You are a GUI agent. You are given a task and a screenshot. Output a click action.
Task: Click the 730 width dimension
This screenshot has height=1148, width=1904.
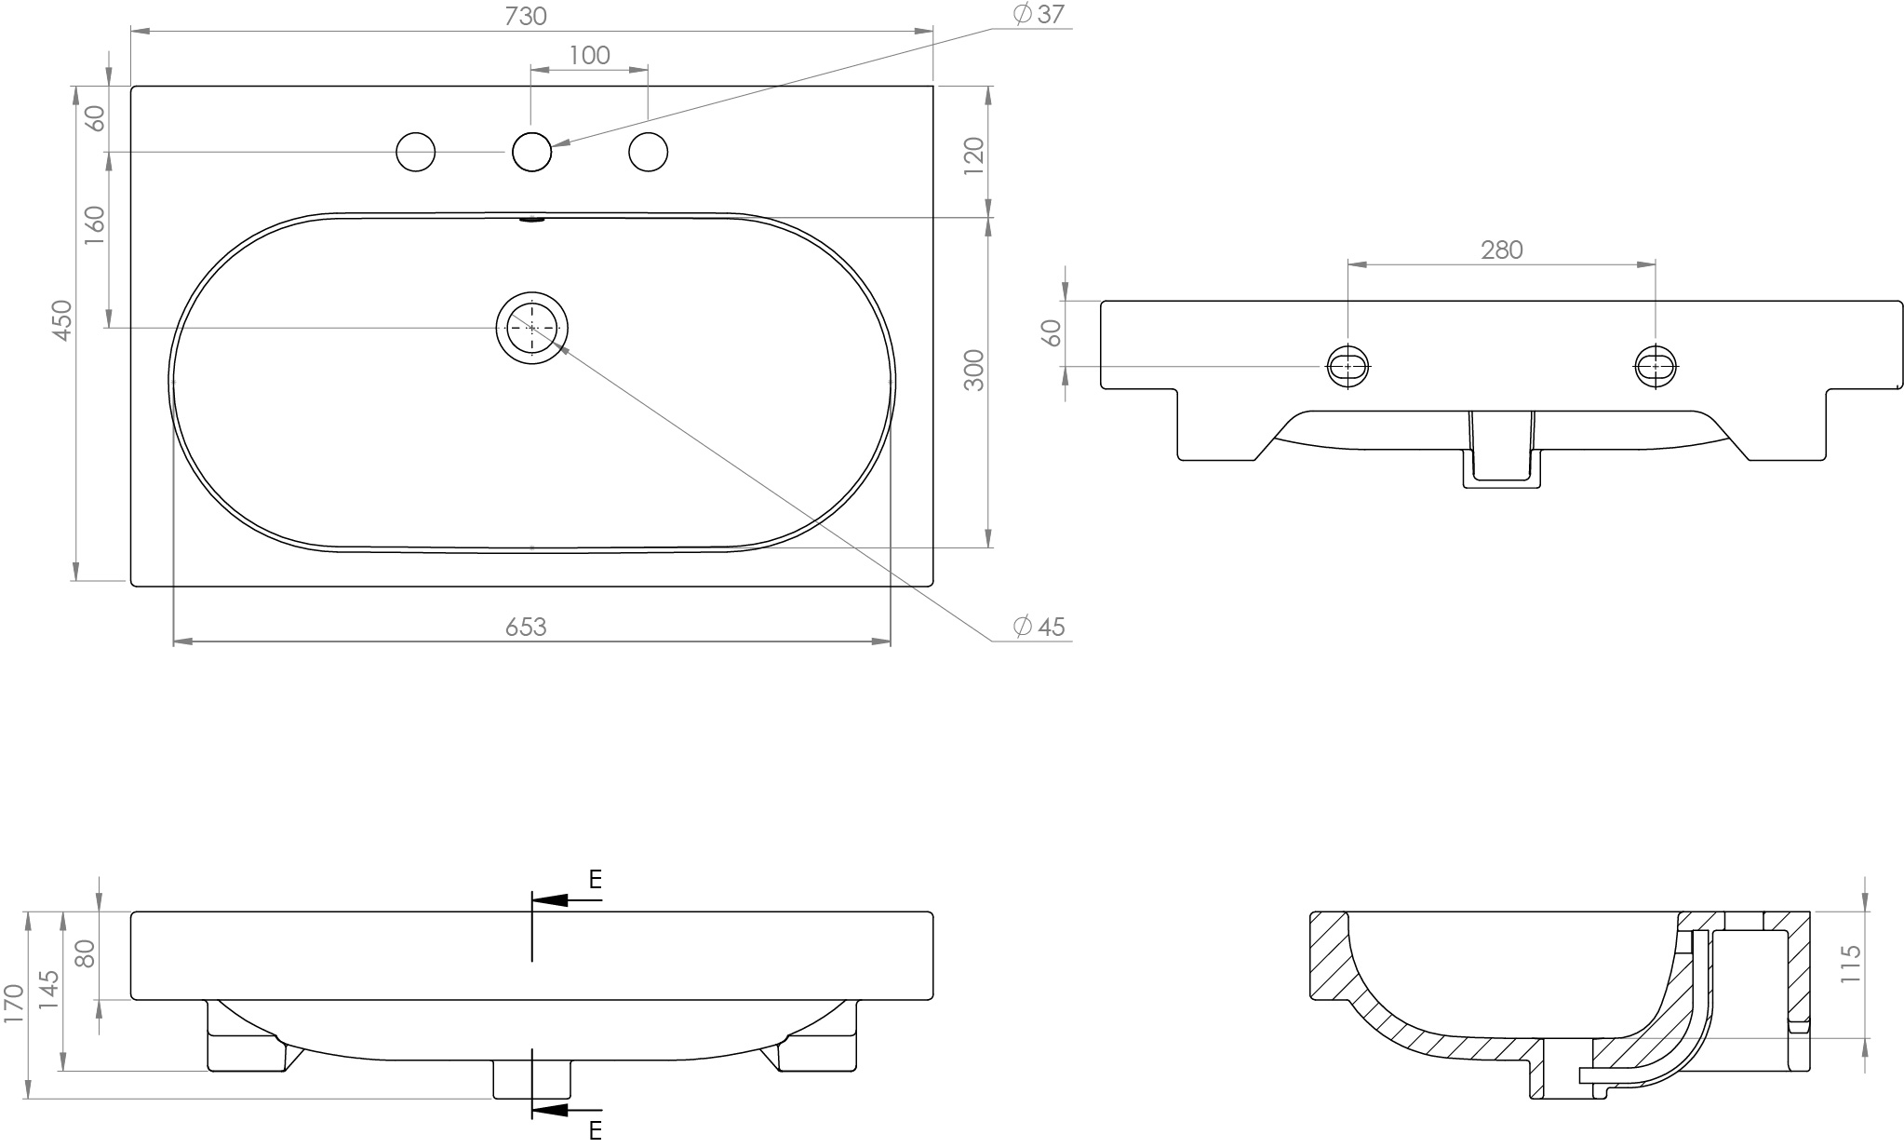coord(526,17)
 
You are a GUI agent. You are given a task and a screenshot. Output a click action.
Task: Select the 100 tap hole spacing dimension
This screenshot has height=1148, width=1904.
coord(589,56)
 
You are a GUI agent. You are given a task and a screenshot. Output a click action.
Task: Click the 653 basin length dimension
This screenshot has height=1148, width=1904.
coord(526,628)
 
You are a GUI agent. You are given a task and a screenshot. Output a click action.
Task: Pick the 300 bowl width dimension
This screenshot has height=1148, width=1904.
coord(973,370)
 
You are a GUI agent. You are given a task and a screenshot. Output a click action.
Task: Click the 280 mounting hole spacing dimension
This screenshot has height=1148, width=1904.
coord(1501,250)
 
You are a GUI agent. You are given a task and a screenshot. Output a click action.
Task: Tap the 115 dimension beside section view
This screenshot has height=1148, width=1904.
coord(1851,965)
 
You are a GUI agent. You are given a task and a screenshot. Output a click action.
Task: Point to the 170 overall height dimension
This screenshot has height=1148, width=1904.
coord(13,1006)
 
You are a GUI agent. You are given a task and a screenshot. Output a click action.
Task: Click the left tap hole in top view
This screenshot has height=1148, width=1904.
coord(415,152)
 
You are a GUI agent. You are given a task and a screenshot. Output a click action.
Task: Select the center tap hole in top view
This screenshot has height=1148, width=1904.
coord(531,152)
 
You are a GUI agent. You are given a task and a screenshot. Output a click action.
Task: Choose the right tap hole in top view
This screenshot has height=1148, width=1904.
coord(648,152)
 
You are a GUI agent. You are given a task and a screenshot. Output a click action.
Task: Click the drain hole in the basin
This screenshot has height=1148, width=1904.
coord(531,328)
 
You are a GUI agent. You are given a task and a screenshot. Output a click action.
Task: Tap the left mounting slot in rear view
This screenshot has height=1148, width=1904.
coord(1348,367)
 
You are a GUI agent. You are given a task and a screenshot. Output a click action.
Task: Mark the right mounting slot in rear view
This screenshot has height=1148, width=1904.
coord(1656,367)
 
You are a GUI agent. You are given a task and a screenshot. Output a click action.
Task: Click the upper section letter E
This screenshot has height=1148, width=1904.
coord(596,879)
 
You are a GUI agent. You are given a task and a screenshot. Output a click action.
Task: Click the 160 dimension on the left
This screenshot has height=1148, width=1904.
coord(95,225)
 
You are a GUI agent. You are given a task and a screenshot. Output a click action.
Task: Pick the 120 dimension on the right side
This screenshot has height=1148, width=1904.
coord(973,155)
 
